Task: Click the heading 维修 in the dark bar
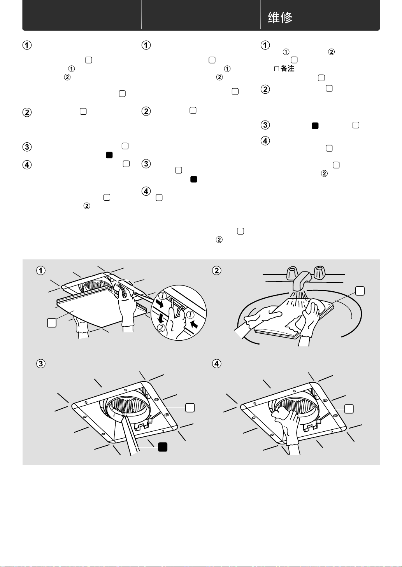pos(280,17)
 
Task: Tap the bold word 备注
pos(287,68)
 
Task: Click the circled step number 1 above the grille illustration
pos(41,270)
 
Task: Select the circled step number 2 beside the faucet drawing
pos(217,270)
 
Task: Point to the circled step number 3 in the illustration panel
pos(41,364)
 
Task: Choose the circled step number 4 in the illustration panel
pos(217,364)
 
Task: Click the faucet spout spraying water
pos(302,282)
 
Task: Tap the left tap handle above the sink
pos(292,273)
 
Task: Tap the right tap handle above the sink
pos(319,273)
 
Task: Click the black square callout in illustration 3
pos(163,446)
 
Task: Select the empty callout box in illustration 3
pos(190,407)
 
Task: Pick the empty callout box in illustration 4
pos(349,408)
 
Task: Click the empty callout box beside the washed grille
pos(360,290)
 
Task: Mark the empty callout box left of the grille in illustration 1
pos(51,322)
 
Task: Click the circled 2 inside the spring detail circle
pos(161,327)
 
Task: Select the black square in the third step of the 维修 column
pos(315,126)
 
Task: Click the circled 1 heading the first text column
pos(27,45)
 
